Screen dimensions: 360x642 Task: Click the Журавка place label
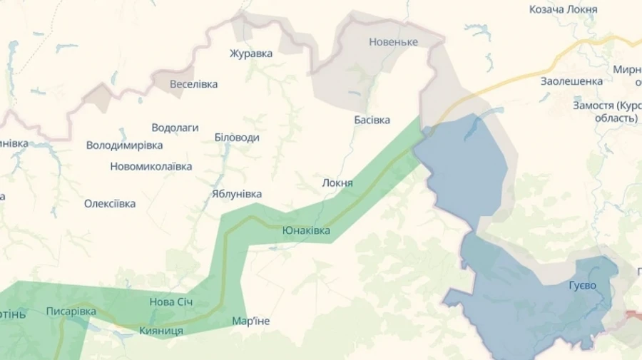pyautogui.click(x=251, y=53)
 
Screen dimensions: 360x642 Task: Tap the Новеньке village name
pyautogui.click(x=393, y=42)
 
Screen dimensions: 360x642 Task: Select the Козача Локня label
pyautogui.click(x=563, y=9)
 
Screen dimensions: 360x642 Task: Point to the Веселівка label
pyautogui.click(x=193, y=84)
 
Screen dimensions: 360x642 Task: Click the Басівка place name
pyautogui.click(x=372, y=120)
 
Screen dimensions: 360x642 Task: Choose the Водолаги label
pyautogui.click(x=175, y=128)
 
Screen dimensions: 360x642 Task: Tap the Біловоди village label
pyautogui.click(x=237, y=138)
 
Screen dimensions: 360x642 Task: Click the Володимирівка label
pyautogui.click(x=124, y=145)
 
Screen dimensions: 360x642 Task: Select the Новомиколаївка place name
pyautogui.click(x=151, y=167)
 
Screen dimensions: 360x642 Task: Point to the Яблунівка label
pyautogui.click(x=237, y=194)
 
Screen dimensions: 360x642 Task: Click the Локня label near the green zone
pyautogui.click(x=337, y=182)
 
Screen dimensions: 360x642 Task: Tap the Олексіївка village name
pyautogui.click(x=110, y=204)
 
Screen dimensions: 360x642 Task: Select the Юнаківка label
pyautogui.click(x=306, y=230)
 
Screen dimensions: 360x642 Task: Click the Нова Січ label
pyautogui.click(x=170, y=302)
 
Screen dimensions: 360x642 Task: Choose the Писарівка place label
pyautogui.click(x=71, y=312)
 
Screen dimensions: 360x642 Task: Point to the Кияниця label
pyautogui.click(x=161, y=331)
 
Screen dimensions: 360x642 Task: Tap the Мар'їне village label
pyautogui.click(x=251, y=322)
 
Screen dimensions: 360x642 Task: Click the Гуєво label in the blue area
pyautogui.click(x=582, y=286)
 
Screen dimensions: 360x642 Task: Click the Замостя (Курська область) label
pyautogui.click(x=606, y=111)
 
